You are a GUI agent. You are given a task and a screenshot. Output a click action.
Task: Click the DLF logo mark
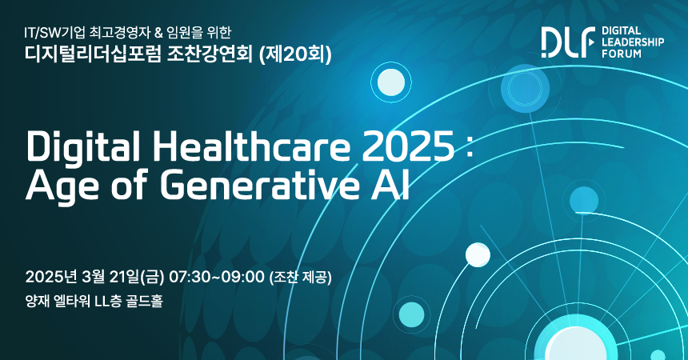point(568,42)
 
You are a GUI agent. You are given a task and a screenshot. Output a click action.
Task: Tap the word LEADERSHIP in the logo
point(633,42)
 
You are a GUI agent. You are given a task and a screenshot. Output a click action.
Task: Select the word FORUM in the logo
point(622,54)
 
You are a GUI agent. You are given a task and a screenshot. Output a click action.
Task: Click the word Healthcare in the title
point(252,146)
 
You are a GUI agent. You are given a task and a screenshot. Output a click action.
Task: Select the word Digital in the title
point(83,146)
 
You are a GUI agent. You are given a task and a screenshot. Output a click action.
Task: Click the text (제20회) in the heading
point(295,54)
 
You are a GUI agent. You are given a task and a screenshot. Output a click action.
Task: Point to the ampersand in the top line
point(158,33)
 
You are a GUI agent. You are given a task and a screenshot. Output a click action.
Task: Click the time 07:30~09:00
point(217,278)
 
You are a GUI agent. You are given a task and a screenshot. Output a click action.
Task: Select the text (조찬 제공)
point(301,278)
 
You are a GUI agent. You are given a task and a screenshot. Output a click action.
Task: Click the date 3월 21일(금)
point(123,278)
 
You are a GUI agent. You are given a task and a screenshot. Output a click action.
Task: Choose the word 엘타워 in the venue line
point(71,301)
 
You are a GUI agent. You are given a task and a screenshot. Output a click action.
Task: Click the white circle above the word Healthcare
point(391,82)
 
